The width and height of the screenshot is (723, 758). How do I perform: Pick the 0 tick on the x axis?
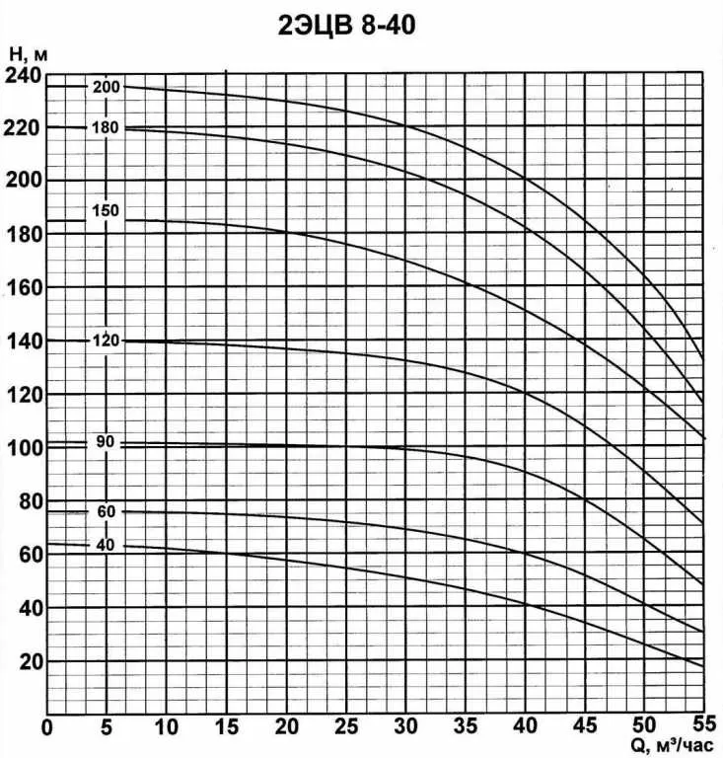(x=47, y=728)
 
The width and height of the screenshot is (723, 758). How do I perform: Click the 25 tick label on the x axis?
(x=346, y=728)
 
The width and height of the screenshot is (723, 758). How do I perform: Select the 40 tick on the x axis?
(x=525, y=728)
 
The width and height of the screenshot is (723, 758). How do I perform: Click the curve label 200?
(x=107, y=87)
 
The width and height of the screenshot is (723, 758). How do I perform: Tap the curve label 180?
(x=105, y=127)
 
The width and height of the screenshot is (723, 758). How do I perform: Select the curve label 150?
(x=106, y=210)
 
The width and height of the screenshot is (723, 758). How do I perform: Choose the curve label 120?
(x=106, y=341)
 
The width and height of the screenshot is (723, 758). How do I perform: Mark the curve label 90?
(x=106, y=441)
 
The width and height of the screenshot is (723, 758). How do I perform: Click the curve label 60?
(x=106, y=511)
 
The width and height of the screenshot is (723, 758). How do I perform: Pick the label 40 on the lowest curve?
(x=106, y=546)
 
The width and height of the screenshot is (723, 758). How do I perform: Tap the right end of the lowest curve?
(x=703, y=667)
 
